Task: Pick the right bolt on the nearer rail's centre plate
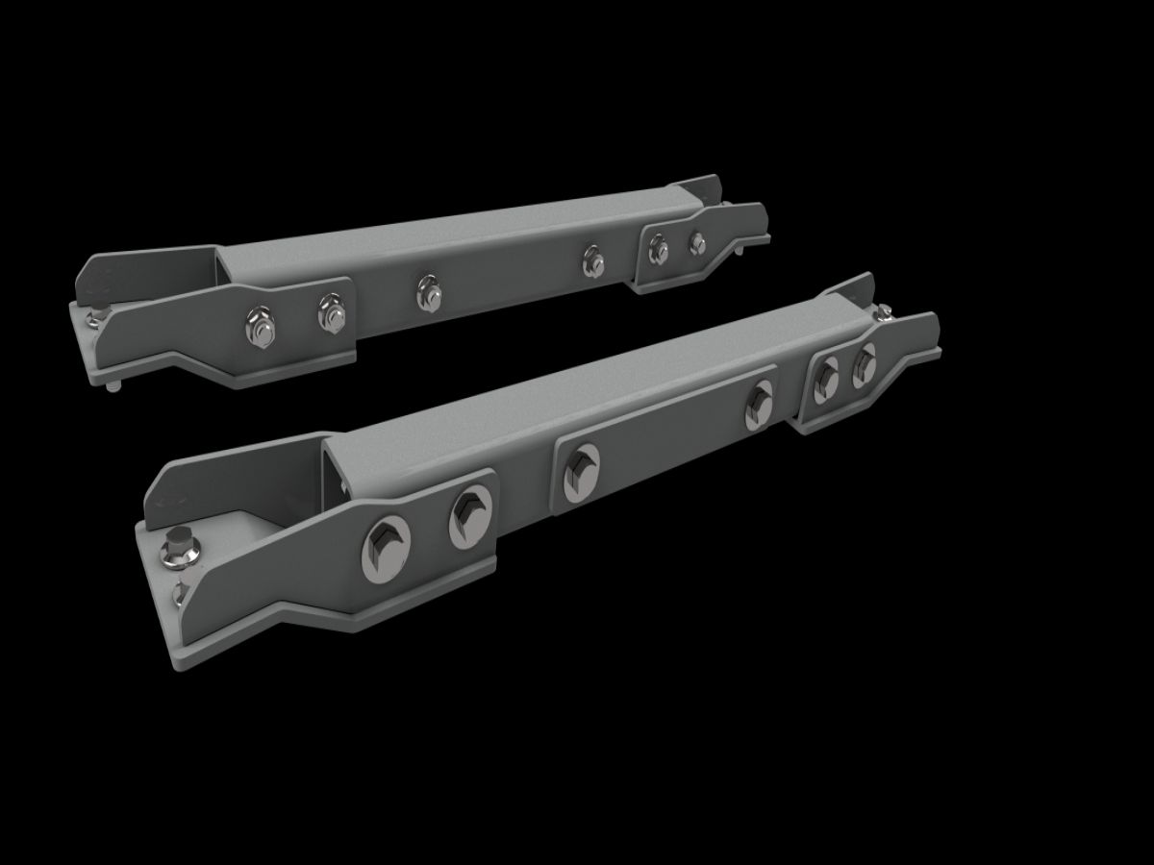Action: click(761, 404)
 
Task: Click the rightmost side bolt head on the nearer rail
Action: click(865, 365)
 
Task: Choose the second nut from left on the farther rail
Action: click(332, 312)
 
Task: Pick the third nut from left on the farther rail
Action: click(428, 292)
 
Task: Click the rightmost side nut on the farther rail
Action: click(695, 242)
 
